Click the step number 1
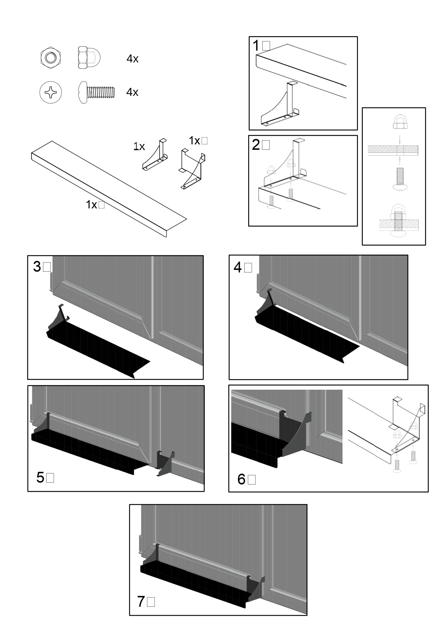256,46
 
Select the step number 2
256,145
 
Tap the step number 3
37,267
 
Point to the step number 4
238,267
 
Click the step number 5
40,478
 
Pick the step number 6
241,479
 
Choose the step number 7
141,601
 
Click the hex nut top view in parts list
51,58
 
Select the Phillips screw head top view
51,92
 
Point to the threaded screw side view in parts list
97,92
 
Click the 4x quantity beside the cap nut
133,59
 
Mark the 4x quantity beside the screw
132,92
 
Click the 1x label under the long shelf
91,205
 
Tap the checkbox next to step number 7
151,602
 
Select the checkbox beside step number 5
51,478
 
